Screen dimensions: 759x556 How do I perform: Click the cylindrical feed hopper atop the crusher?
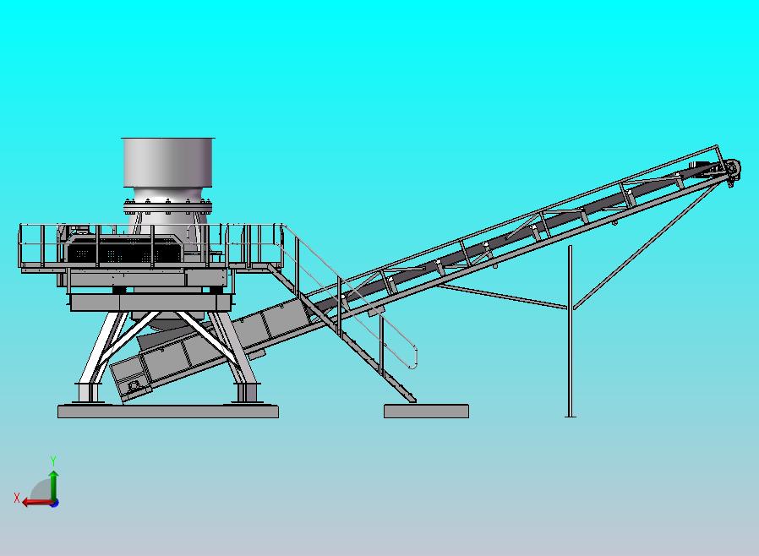pyautogui.click(x=167, y=162)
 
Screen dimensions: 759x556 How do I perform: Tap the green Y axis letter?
pyautogui.click(x=53, y=461)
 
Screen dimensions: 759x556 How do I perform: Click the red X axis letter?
pyautogui.click(x=17, y=498)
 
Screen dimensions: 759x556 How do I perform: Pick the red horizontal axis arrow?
pyautogui.click(x=38, y=502)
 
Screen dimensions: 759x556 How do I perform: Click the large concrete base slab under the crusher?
pyautogui.click(x=168, y=412)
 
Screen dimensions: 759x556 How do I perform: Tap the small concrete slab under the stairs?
pyautogui.click(x=426, y=411)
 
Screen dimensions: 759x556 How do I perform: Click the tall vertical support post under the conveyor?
pyautogui.click(x=571, y=330)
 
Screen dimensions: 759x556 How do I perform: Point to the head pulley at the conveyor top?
pyautogui.click(x=733, y=168)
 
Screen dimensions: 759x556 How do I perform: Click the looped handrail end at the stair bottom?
pyautogui.click(x=415, y=357)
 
